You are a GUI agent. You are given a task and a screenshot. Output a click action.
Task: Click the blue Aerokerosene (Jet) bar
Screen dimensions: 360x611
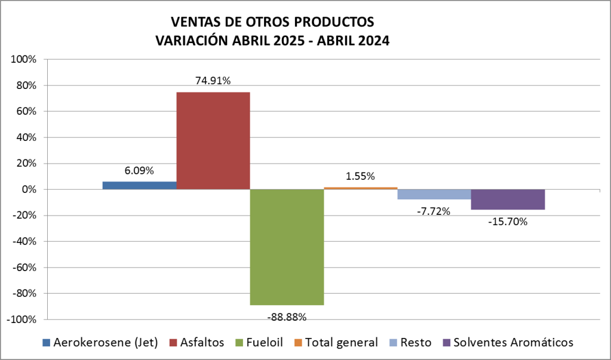139,185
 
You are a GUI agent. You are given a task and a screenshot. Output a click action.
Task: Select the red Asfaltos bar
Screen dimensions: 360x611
213,140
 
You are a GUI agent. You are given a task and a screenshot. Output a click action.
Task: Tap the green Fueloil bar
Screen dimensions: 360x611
287,247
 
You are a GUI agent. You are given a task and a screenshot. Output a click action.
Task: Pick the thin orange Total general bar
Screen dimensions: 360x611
360,188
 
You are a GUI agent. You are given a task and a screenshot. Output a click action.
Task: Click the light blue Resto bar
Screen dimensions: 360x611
434,194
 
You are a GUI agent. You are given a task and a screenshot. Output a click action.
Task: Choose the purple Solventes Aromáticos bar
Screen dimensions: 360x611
508,199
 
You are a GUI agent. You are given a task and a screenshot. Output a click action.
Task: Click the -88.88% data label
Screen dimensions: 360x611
287,316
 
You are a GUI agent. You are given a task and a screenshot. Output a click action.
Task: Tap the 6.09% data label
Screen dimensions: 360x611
139,171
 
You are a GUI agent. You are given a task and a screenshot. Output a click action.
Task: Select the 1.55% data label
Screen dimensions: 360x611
360,176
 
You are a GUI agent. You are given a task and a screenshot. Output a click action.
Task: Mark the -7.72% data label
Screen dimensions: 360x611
434,211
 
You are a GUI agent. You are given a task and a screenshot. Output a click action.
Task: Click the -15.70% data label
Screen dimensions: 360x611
508,221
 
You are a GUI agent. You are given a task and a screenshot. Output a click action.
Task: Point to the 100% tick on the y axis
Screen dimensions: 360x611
24,60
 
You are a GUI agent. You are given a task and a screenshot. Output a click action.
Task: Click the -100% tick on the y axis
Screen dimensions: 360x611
23,319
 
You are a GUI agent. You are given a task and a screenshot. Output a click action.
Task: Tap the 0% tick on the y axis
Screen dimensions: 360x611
29,189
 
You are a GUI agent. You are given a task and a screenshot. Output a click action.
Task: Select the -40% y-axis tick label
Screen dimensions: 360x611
24,241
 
